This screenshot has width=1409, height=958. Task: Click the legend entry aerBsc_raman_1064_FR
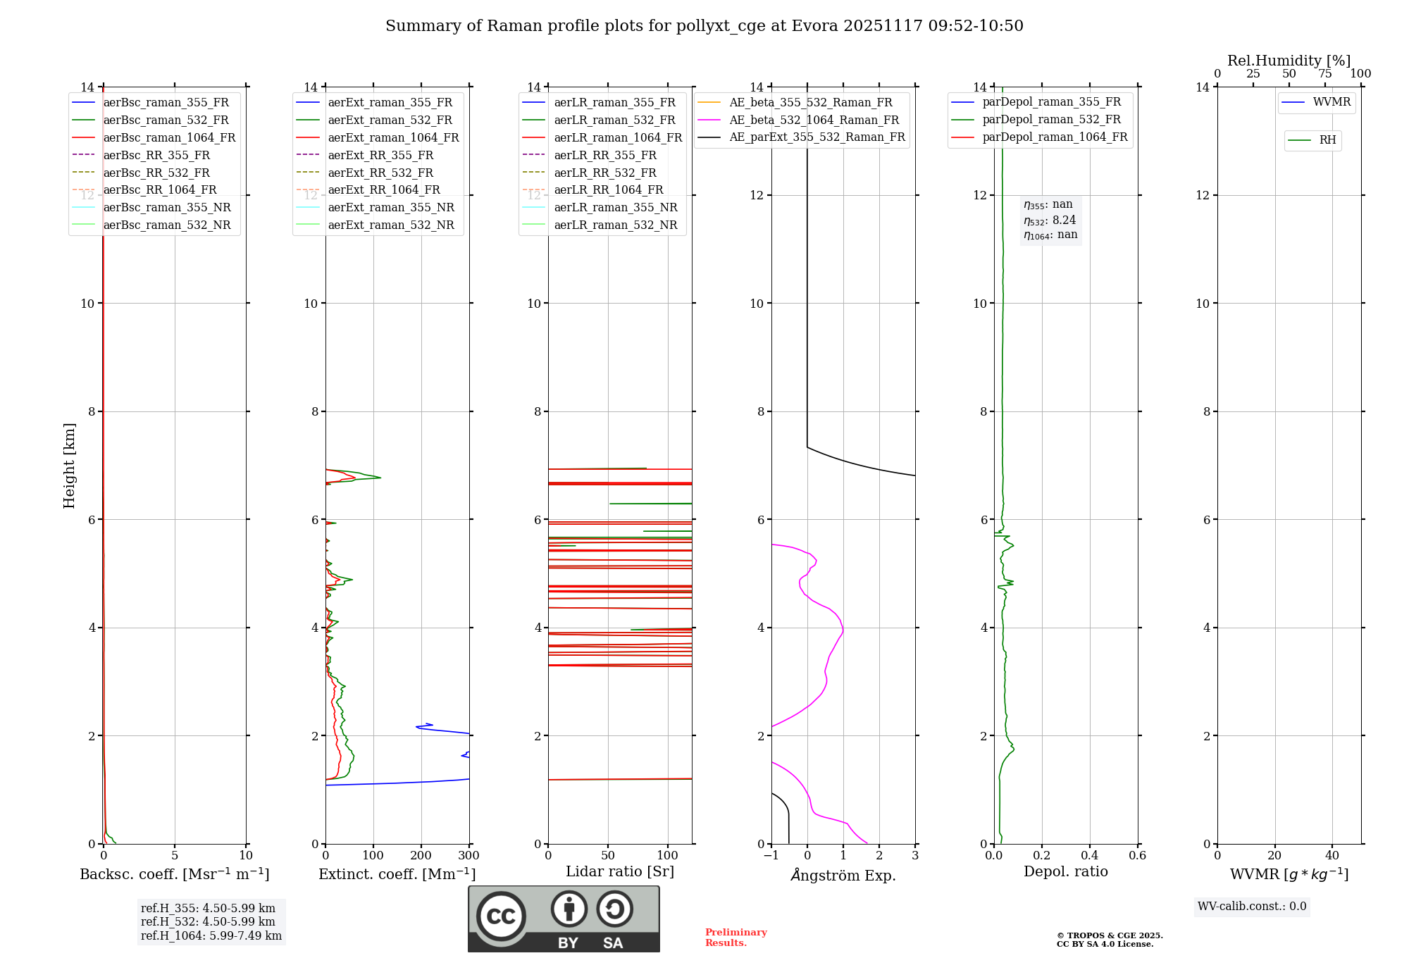(169, 138)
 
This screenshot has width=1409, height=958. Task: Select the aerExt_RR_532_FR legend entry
(380, 173)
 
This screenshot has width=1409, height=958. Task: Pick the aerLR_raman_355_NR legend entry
(615, 208)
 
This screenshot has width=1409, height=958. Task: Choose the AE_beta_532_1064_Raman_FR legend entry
(814, 120)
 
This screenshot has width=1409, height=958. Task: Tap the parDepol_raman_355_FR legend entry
(1051, 102)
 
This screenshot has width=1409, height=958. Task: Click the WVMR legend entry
(1332, 103)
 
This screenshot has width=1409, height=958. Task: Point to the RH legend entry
(1327, 141)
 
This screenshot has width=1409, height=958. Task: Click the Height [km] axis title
(69, 466)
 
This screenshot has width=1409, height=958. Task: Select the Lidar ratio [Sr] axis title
(620, 872)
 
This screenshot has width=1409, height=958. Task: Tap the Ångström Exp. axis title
(843, 876)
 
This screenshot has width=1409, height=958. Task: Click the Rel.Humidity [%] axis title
(1289, 61)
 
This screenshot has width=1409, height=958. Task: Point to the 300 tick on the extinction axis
(469, 856)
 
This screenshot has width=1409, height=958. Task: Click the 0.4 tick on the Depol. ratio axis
(1090, 856)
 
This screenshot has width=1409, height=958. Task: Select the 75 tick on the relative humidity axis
(1325, 74)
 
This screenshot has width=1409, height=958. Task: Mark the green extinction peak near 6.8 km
(380, 478)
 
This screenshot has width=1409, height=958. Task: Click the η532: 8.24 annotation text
(1050, 220)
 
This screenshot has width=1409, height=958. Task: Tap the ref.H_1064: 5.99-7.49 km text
(211, 936)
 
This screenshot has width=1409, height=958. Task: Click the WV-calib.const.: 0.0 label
(1252, 907)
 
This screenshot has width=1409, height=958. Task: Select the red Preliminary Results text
(735, 938)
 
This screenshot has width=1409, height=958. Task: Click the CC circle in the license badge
(501, 916)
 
